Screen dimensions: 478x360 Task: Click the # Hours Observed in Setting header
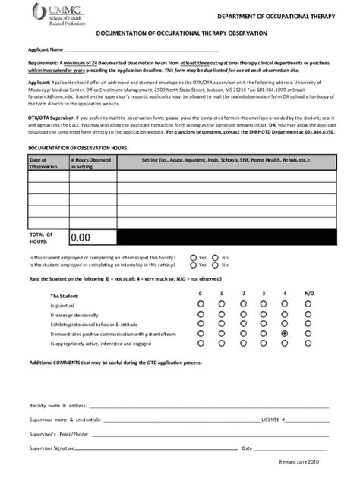(92, 163)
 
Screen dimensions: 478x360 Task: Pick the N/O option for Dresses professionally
(308, 314)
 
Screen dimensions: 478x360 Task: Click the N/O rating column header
(308, 294)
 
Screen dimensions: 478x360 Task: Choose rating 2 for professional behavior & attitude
(243, 324)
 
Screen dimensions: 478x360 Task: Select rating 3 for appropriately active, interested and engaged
(264, 343)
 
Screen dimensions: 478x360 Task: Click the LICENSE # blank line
(308, 420)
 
